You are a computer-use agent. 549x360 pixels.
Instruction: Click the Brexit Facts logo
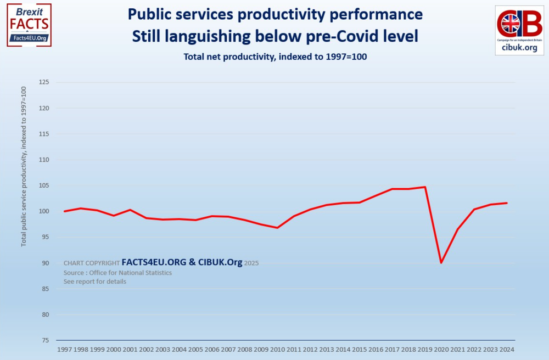[x=29, y=24]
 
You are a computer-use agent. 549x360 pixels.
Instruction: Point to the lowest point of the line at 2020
[x=441, y=263]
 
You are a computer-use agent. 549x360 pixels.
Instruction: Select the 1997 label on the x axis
[x=65, y=349]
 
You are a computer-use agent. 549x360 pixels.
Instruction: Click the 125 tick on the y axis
[x=43, y=82]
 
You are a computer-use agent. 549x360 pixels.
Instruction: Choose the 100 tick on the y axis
[x=43, y=211]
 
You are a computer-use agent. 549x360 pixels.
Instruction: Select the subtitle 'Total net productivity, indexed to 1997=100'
[x=274, y=56]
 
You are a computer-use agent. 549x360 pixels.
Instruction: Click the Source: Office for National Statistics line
[x=117, y=273]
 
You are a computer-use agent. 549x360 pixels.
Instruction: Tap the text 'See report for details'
[x=94, y=282]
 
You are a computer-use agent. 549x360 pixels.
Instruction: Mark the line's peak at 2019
[x=425, y=187]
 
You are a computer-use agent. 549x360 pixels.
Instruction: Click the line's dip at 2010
[x=278, y=228]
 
